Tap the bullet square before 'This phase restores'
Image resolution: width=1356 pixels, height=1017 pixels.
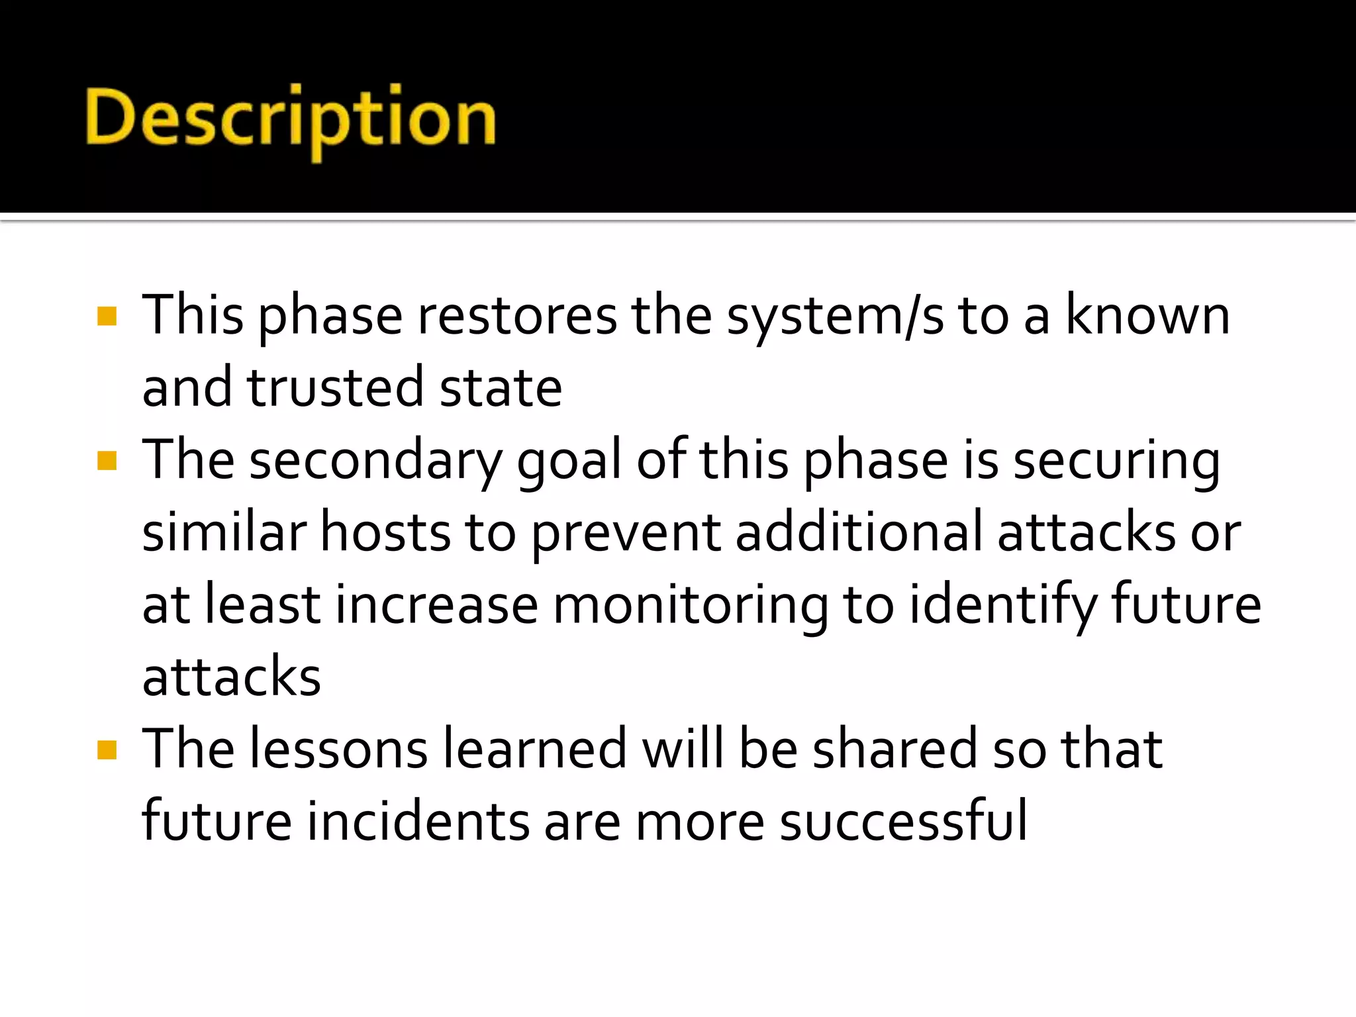pyautogui.click(x=107, y=316)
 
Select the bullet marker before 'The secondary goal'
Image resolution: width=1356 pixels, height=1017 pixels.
pyautogui.click(x=107, y=460)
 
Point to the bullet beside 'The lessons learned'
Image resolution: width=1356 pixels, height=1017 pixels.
pyautogui.click(x=107, y=750)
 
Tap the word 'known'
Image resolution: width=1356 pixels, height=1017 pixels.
pyautogui.click(x=1147, y=316)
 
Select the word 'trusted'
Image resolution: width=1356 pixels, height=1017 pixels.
pyautogui.click(x=335, y=388)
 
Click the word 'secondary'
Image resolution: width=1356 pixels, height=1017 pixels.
pyautogui.click(x=376, y=461)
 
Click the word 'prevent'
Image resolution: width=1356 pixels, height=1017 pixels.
pyautogui.click(x=626, y=534)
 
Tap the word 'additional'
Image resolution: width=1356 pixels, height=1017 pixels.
pyautogui.click(x=859, y=532)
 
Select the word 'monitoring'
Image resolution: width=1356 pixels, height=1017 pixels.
pyautogui.click(x=691, y=605)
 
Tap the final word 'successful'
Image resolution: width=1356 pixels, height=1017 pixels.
pyautogui.click(x=904, y=822)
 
